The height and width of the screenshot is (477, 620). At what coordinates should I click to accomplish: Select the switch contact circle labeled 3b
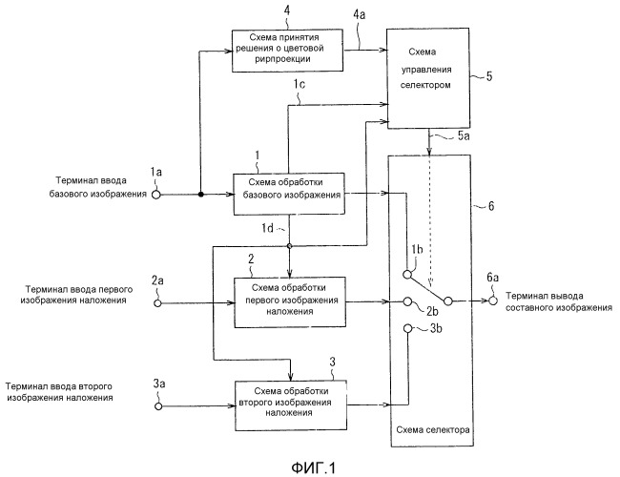click(406, 330)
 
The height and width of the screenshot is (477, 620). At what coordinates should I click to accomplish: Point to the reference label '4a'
click(360, 15)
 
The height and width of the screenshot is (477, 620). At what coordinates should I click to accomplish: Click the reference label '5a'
click(462, 139)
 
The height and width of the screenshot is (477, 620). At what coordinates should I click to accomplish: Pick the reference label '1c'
click(299, 87)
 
